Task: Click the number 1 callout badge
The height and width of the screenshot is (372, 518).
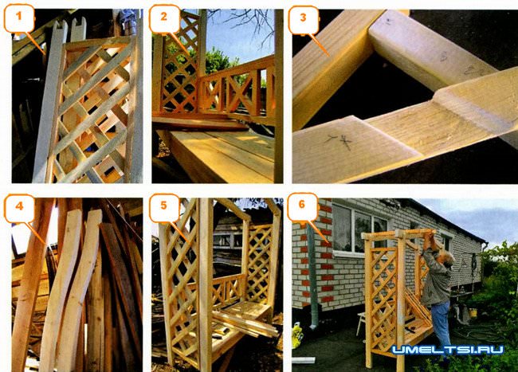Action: [19, 18]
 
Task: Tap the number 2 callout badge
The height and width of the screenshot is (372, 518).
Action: [163, 18]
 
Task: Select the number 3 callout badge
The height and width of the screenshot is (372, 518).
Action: [303, 19]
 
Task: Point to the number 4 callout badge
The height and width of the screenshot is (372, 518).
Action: [19, 208]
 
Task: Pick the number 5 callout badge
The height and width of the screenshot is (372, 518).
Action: [164, 207]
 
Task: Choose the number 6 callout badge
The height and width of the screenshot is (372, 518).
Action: [302, 206]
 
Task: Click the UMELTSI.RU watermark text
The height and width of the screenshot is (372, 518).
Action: [448, 350]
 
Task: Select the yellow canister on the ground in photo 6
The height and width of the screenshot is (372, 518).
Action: [297, 335]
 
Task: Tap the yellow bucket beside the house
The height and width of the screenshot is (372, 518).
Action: [473, 312]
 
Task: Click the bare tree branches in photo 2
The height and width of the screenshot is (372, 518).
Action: [244, 24]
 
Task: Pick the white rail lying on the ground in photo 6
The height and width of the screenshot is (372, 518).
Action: [304, 360]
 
